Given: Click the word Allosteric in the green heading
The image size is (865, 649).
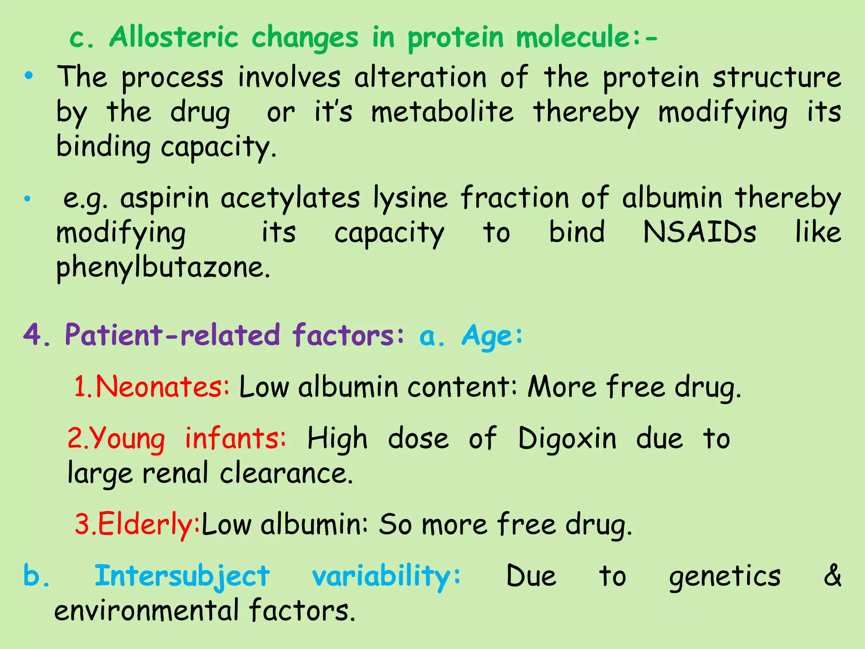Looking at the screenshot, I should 174,37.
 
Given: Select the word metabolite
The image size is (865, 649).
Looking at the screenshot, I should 442,112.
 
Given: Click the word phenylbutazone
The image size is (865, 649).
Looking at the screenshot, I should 163,267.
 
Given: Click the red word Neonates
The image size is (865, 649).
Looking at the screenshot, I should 162,387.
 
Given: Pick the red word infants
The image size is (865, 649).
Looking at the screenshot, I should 235,438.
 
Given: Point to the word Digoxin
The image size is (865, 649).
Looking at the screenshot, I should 567,438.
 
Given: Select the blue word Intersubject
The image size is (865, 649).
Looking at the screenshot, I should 182,576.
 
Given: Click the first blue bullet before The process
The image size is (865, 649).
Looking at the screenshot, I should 28,76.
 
